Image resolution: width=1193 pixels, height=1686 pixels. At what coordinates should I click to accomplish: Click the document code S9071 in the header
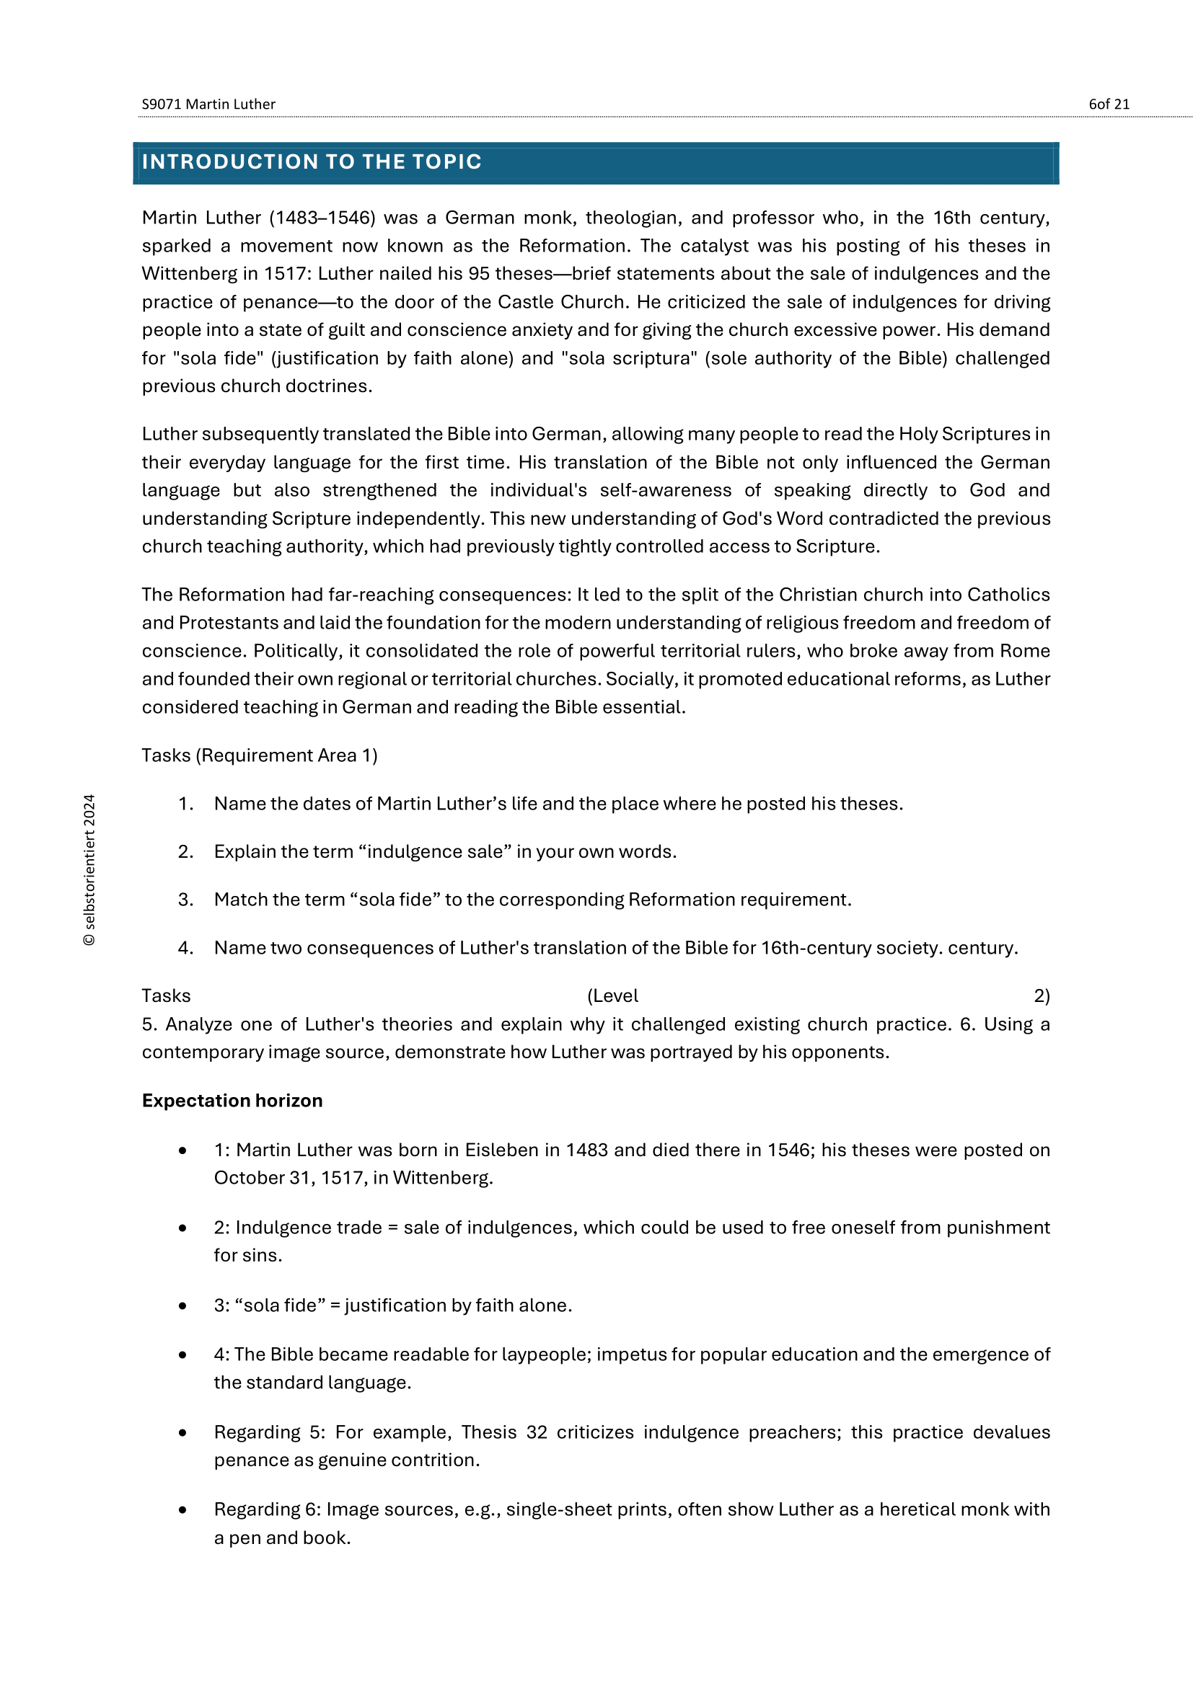click(x=161, y=105)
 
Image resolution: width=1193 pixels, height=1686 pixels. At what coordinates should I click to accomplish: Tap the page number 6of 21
click(x=1109, y=105)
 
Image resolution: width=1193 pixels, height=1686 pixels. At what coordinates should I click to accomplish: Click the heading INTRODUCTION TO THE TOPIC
click(x=312, y=162)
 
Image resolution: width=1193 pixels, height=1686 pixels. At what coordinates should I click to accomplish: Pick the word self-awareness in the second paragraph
click(x=666, y=491)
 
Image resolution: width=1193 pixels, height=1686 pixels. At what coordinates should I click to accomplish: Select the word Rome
click(x=1026, y=652)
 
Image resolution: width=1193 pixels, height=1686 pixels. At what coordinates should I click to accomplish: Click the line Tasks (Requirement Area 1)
click(x=260, y=755)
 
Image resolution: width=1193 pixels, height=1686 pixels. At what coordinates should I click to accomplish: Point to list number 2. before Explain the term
click(x=186, y=852)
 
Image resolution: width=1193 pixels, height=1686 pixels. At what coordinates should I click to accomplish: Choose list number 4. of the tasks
click(x=186, y=948)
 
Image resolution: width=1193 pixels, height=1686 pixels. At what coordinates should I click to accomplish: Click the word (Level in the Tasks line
click(x=612, y=996)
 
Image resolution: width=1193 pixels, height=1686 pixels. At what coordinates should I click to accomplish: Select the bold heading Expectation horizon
click(x=232, y=1101)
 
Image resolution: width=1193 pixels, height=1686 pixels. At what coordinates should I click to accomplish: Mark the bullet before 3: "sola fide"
click(x=182, y=1305)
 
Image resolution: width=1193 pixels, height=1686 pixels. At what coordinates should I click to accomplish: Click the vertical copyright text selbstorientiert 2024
click(x=89, y=869)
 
